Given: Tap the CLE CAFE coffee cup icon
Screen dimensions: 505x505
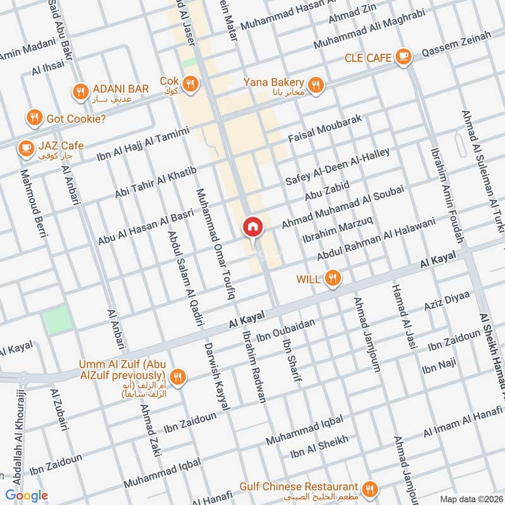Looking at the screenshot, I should (402, 57).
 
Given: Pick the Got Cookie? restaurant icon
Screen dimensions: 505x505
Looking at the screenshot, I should (34, 117).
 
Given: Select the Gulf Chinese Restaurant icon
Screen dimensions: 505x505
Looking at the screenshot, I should (370, 488).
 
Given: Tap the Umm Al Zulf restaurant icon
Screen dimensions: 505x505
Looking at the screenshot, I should (179, 377).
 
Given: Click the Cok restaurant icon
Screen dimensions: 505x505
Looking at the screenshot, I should (189, 83).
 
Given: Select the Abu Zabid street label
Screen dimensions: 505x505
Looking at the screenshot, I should (327, 190).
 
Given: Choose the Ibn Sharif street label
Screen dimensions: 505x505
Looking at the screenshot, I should (292, 360).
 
